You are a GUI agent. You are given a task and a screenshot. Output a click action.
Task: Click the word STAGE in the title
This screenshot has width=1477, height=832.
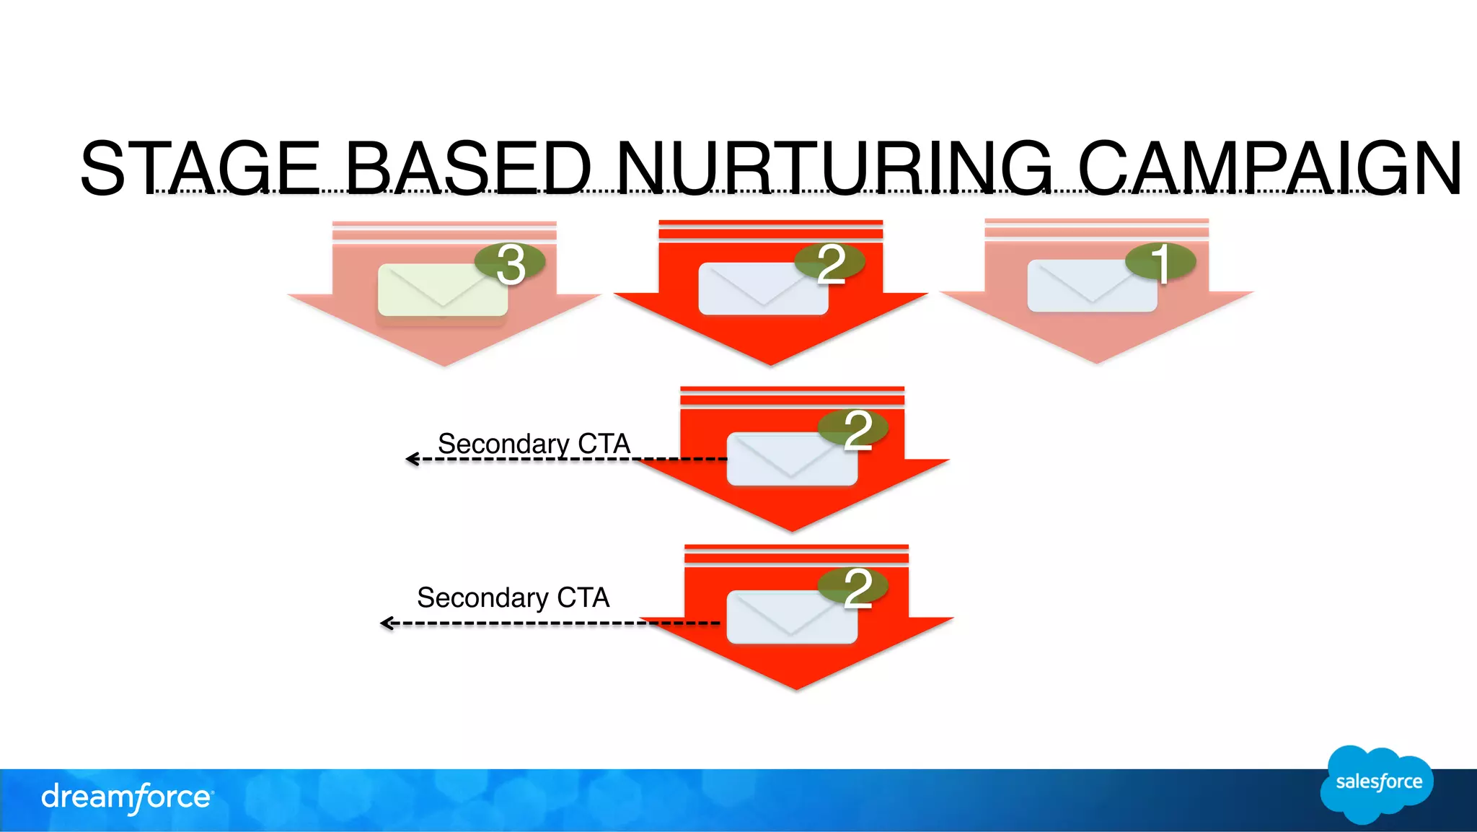click(200, 168)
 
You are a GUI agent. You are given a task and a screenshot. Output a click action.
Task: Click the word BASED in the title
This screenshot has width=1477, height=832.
click(468, 168)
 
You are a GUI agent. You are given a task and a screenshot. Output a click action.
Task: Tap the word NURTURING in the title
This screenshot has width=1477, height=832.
click(834, 168)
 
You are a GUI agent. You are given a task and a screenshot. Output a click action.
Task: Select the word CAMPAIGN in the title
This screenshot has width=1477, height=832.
click(1269, 168)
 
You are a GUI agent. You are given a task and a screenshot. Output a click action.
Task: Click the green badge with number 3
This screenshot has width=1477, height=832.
click(510, 263)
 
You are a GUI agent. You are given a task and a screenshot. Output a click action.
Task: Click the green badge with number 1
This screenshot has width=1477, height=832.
click(1160, 261)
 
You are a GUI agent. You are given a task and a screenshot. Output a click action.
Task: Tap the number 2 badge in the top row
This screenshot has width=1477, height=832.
click(830, 263)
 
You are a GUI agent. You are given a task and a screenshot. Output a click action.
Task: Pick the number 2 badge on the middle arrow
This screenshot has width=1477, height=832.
click(854, 429)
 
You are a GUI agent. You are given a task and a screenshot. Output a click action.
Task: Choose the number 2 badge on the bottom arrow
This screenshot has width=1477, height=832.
click(854, 587)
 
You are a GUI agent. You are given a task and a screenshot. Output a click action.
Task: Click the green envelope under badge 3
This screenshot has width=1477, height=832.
click(442, 291)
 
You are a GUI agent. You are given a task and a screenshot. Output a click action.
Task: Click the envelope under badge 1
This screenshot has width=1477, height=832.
click(1091, 286)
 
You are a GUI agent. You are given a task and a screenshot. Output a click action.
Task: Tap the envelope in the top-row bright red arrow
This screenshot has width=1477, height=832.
click(762, 289)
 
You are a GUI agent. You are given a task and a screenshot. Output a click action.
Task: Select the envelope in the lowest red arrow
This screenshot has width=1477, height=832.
click(791, 618)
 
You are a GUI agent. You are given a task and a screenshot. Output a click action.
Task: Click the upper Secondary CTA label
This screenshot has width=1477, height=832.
click(534, 443)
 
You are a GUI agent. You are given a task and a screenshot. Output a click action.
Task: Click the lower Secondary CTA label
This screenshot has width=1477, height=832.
click(513, 597)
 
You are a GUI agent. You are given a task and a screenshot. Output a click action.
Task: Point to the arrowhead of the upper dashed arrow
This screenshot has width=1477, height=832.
click(411, 459)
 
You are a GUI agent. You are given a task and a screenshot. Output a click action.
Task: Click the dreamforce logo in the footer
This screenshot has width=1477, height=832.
click(126, 798)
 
